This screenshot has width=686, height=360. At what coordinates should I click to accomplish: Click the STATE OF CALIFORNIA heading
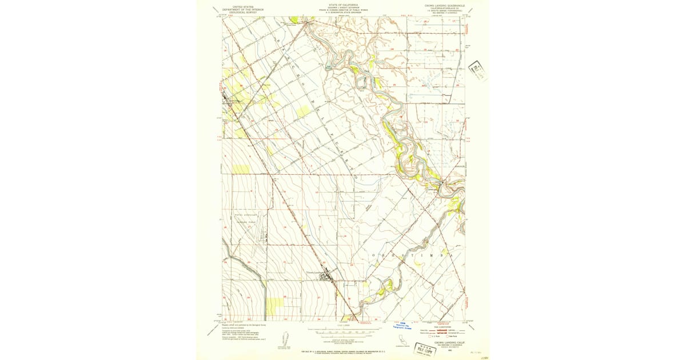pos(344,5)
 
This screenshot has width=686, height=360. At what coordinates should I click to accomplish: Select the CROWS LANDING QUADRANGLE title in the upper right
pos(445,5)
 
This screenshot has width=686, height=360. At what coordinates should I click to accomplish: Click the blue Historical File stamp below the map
pos(403,325)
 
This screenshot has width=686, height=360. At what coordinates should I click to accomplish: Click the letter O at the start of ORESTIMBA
pos(374,254)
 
